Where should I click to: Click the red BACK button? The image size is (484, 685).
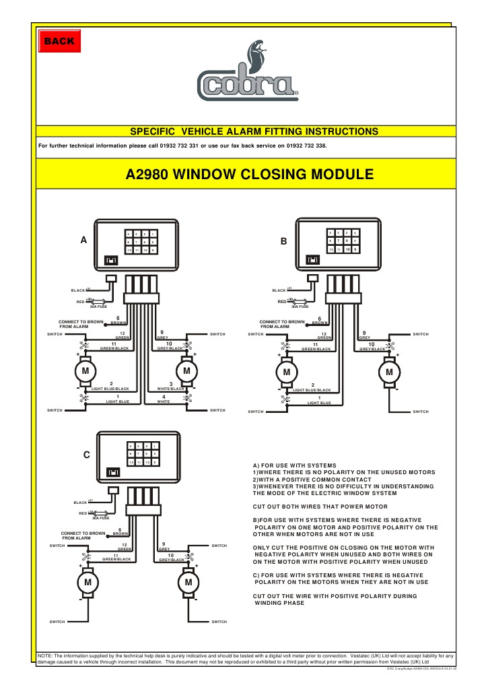[x=58, y=42]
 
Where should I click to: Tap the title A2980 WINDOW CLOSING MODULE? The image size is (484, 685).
[x=250, y=174]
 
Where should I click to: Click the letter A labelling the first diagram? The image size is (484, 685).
[x=83, y=240]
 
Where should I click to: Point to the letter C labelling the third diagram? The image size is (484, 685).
[x=86, y=455]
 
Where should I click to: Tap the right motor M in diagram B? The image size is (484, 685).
[x=388, y=371]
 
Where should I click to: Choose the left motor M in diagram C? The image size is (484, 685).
[x=86, y=581]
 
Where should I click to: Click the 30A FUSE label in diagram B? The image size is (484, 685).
[x=300, y=306]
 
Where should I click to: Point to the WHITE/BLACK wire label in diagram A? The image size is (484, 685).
[x=171, y=389]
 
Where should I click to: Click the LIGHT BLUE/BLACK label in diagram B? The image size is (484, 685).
[x=312, y=389]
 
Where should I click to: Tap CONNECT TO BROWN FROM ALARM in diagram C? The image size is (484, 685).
[x=85, y=535]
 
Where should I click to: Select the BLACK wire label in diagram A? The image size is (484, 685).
[x=78, y=290]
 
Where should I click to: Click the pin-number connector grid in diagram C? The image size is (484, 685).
[x=142, y=453]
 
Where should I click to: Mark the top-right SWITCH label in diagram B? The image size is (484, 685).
[x=420, y=334]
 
